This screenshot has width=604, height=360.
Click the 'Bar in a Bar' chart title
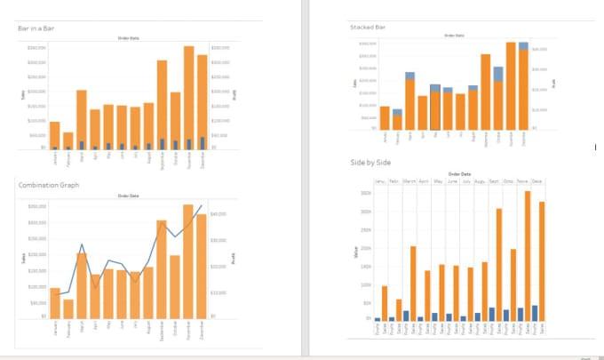click(36, 29)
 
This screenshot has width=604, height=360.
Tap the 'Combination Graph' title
click(48, 185)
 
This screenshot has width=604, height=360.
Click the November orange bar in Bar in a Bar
click(188, 98)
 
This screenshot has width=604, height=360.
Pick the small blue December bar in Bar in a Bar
click(203, 142)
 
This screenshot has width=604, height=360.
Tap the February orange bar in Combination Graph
click(68, 308)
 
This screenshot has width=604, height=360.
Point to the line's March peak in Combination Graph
click(82, 244)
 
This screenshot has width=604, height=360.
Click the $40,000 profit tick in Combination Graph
click(219, 214)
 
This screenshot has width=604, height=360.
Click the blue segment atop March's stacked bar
click(409, 76)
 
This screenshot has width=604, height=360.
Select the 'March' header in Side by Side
click(409, 181)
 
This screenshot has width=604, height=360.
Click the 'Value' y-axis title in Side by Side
click(354, 255)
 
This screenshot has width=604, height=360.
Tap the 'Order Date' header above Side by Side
click(459, 174)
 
